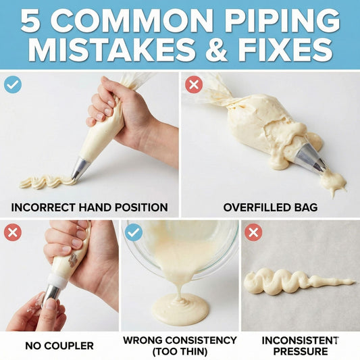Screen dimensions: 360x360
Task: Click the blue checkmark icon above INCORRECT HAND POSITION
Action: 12,84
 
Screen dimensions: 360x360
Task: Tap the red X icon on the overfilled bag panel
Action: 193,84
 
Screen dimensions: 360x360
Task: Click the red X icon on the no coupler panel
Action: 12,232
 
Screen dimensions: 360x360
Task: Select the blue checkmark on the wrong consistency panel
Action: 134,232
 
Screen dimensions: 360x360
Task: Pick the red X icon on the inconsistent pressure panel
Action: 253,232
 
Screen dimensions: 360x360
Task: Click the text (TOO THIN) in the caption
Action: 180,351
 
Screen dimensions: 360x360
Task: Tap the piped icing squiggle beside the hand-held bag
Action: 44,181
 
